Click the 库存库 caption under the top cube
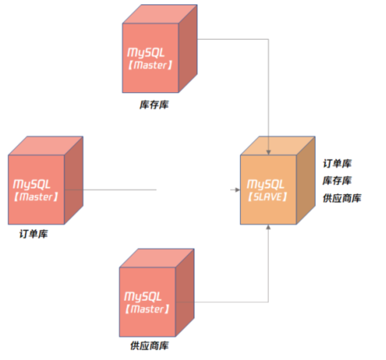click(x=154, y=105)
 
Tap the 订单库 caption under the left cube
click(x=33, y=234)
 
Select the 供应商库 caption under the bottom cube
click(x=150, y=346)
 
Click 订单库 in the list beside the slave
click(x=337, y=164)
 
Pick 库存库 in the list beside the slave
click(x=337, y=181)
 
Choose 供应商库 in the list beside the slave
click(x=342, y=198)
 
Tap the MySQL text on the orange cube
click(x=266, y=184)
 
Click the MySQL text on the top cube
click(x=146, y=52)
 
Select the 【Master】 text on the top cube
click(x=150, y=66)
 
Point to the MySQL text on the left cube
click(x=32, y=184)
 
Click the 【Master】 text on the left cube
click(x=36, y=197)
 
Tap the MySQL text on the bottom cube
click(x=143, y=296)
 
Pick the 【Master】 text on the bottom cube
click(x=147, y=309)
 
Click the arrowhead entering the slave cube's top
click(x=269, y=152)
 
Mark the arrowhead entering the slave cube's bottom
click(x=269, y=227)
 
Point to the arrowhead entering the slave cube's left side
click(x=237, y=190)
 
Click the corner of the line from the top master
click(x=269, y=39)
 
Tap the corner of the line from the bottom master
click(x=269, y=302)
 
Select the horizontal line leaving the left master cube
click(x=110, y=190)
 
